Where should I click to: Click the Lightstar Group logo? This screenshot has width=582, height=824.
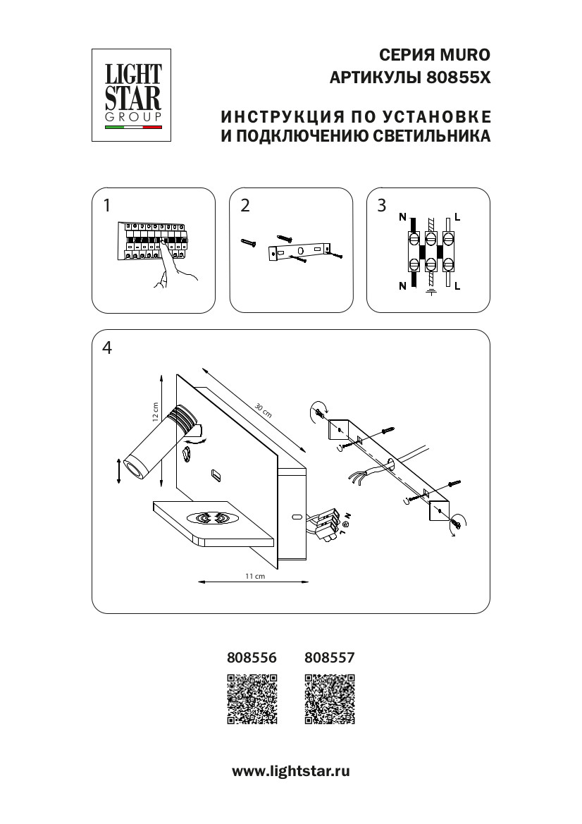tap(133, 94)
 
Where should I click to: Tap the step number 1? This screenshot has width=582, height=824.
tap(106, 206)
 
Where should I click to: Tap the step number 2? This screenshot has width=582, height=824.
tap(245, 206)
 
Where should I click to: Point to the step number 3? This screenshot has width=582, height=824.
tap(383, 206)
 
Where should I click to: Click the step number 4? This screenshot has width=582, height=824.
tap(107, 348)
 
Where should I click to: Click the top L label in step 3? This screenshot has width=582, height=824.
tap(458, 217)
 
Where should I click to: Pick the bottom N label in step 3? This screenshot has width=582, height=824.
tap(402, 285)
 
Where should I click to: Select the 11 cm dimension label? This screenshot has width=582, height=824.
tap(254, 577)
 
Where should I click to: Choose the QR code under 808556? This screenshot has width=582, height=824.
tap(252, 699)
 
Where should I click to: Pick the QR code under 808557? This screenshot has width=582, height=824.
tap(329, 699)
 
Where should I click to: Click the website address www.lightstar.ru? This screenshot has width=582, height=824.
tap(291, 771)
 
